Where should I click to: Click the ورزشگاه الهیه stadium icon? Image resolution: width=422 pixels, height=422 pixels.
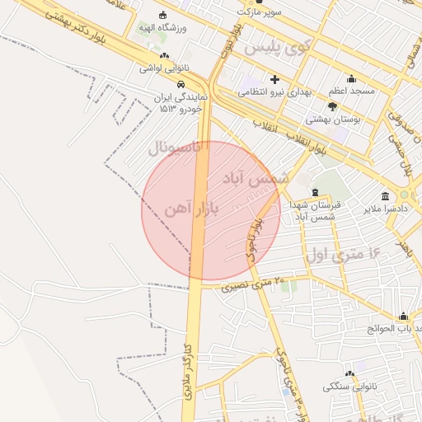tap(162, 15)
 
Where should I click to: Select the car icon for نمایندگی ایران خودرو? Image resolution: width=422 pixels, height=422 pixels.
tap(180, 84)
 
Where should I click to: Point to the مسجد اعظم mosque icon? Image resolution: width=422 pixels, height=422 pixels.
tap(352, 79)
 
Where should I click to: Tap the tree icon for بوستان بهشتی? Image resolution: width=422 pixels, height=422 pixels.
tap(332, 106)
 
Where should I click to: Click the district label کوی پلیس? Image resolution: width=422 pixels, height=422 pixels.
tap(284, 48)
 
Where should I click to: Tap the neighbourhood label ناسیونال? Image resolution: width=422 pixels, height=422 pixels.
tap(176, 148)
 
